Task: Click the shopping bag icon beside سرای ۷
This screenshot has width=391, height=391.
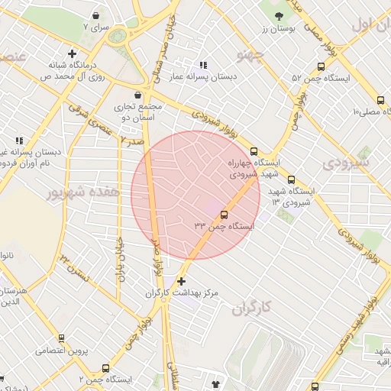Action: pyautogui.click(x=95, y=15)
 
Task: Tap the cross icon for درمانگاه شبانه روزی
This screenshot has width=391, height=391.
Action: pyautogui.click(x=72, y=54)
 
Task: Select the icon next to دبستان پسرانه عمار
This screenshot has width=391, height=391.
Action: pyautogui.click(x=202, y=65)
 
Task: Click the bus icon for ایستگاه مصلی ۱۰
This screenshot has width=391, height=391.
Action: pyautogui.click(x=380, y=100)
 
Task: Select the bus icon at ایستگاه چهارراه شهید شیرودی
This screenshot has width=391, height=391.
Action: pyautogui.click(x=254, y=151)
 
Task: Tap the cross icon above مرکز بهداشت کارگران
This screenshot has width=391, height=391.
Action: pyautogui.click(x=180, y=281)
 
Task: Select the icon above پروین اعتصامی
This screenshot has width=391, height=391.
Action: pyautogui.click(x=61, y=338)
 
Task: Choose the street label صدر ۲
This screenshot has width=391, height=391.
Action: pyautogui.click(x=134, y=141)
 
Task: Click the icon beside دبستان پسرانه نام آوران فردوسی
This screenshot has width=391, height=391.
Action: pyautogui.click(x=19, y=141)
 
